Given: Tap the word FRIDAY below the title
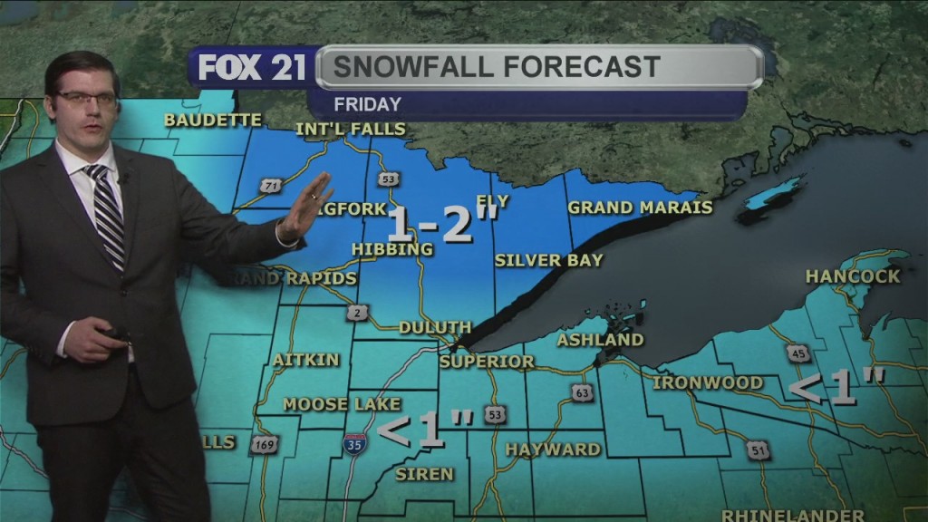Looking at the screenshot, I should [x=367, y=103].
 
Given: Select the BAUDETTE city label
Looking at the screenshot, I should [x=213, y=120].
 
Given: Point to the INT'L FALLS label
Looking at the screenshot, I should [x=351, y=130].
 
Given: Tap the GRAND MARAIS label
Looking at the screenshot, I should [x=640, y=208].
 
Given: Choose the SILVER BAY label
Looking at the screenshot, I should [x=548, y=260].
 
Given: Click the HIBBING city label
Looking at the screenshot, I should [x=392, y=249].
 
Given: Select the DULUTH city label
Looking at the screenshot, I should [x=435, y=327].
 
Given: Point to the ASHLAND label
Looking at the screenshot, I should [x=600, y=340].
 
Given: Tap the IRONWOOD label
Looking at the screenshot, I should [x=708, y=382].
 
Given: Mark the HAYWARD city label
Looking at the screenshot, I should [x=553, y=449].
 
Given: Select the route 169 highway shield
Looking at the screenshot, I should [x=265, y=444].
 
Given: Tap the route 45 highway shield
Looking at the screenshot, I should [x=798, y=353].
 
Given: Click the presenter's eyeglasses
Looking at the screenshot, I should [x=86, y=97].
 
